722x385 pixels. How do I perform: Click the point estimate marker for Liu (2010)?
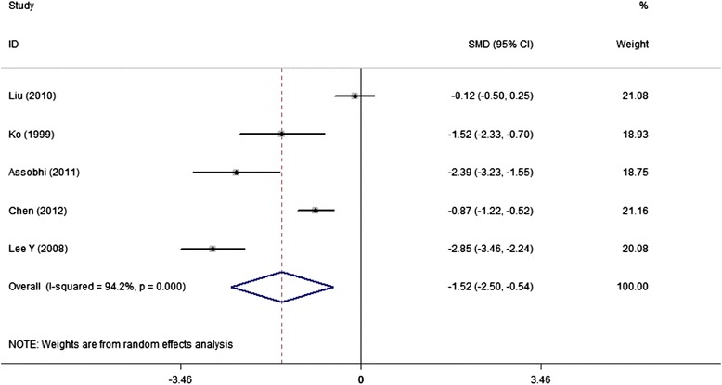click(x=355, y=96)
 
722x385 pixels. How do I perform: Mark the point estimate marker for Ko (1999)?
click(x=281, y=135)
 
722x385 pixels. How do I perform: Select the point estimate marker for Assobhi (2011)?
click(x=236, y=173)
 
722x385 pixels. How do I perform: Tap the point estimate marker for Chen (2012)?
click(x=316, y=211)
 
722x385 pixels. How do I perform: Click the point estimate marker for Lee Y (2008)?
click(x=213, y=249)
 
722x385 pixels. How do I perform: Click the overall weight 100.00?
click(x=632, y=288)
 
